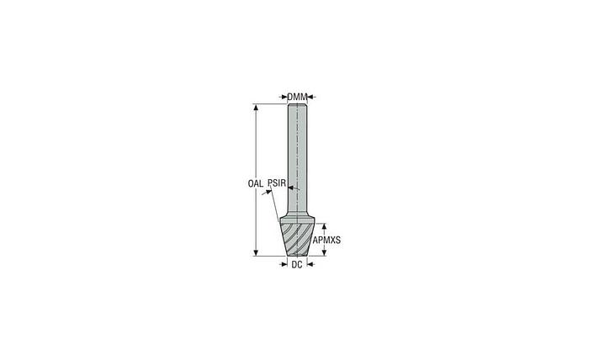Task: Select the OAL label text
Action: (256, 183)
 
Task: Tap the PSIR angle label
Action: (278, 182)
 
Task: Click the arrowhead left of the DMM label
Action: (284, 97)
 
